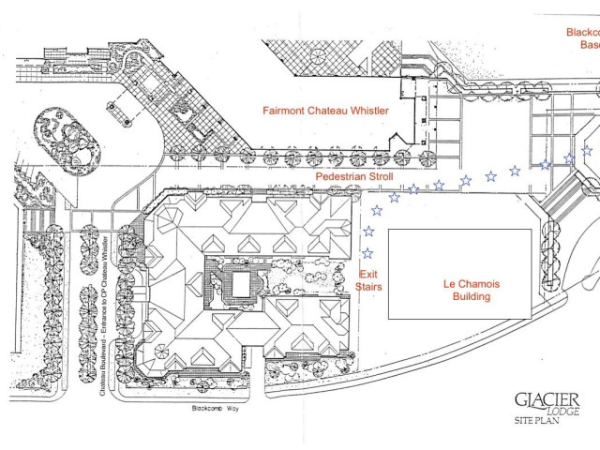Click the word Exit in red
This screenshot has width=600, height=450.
368,273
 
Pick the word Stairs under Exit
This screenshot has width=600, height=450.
368,286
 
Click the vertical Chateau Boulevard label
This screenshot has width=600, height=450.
103,319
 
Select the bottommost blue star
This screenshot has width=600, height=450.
367,253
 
